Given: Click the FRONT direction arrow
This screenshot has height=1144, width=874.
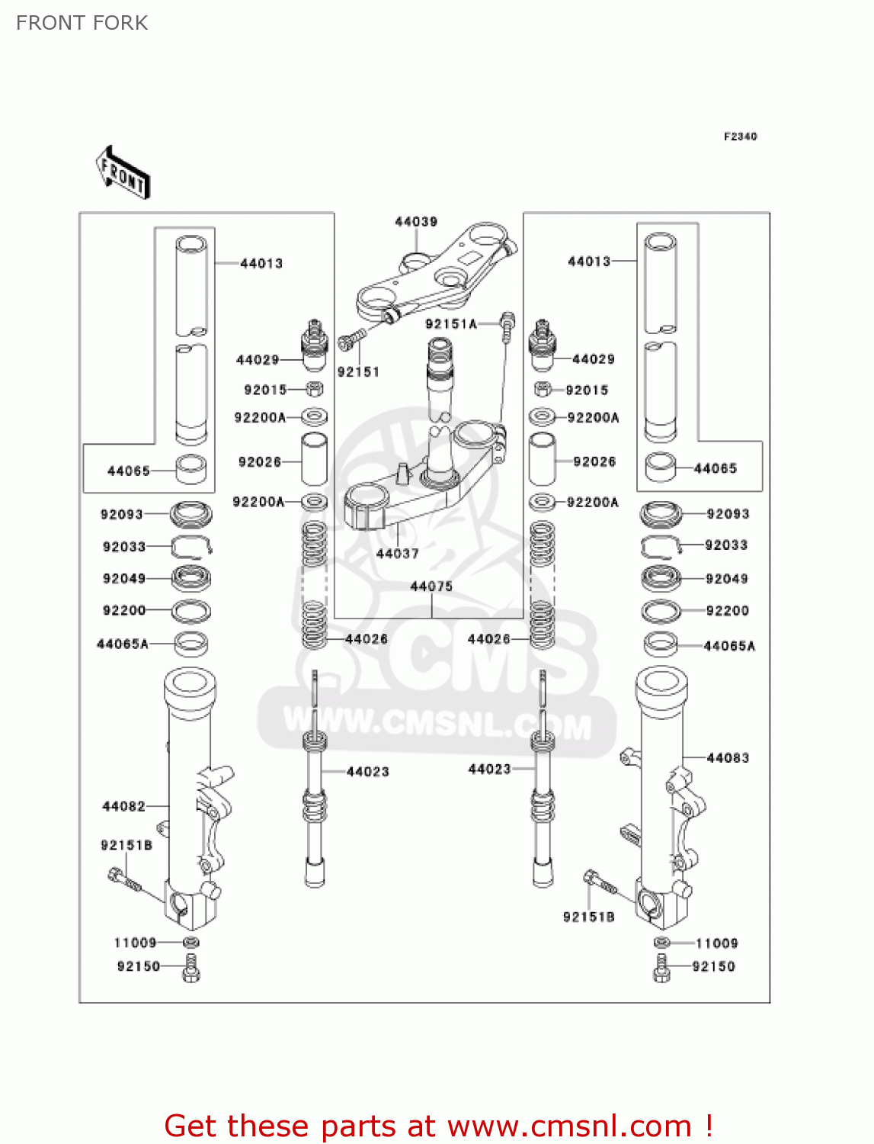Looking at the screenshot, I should pyautogui.click(x=123, y=173).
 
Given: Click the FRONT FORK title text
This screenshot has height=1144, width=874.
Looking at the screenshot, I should pyautogui.click(x=82, y=23).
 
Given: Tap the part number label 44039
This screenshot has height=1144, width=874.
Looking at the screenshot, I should pyautogui.click(x=416, y=222).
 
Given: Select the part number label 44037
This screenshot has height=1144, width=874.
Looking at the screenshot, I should pyautogui.click(x=398, y=554).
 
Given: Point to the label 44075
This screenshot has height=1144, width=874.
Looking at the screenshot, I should pyautogui.click(x=431, y=586).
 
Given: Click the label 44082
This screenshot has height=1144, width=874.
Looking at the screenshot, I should pyautogui.click(x=123, y=806).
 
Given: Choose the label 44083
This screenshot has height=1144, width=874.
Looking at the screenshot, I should pyautogui.click(x=728, y=758).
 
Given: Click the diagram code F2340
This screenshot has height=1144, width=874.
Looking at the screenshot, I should pyautogui.click(x=740, y=137).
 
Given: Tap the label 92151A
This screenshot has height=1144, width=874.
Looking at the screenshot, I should pyautogui.click(x=451, y=324).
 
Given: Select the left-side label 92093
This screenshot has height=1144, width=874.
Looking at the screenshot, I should pyautogui.click(x=122, y=515).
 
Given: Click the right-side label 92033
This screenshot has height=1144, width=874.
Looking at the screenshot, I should pyautogui.click(x=726, y=545).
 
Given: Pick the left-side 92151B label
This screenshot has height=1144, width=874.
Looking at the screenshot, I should pyautogui.click(x=126, y=845).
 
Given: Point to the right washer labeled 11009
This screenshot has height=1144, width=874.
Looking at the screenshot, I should pyautogui.click(x=662, y=943).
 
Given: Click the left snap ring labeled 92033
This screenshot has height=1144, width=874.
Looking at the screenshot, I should pyautogui.click(x=190, y=546).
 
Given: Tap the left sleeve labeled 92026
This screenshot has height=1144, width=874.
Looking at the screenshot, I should pyautogui.click(x=315, y=459).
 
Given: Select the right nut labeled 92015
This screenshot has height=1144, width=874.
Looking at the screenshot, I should pyautogui.click(x=542, y=390).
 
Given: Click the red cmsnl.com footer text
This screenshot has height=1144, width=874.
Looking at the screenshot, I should pyautogui.click(x=438, y=1126).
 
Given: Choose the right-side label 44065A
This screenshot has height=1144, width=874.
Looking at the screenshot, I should pyautogui.click(x=729, y=646).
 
